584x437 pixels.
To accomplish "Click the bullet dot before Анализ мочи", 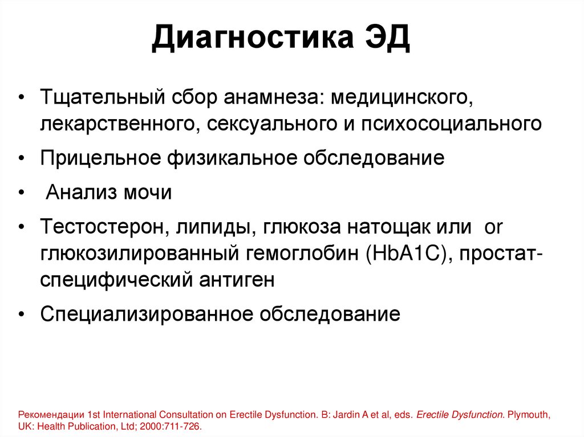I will point(21,193).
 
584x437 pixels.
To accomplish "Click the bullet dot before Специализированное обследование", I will point(21,315).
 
